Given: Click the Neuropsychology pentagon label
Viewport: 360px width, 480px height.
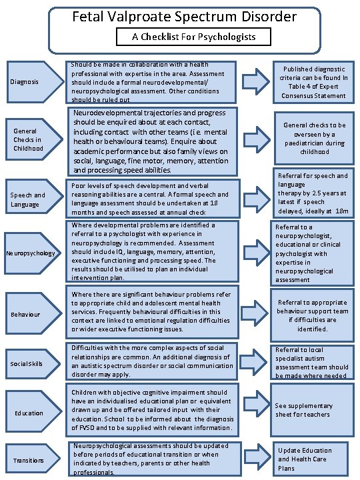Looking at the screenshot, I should pos(31,253).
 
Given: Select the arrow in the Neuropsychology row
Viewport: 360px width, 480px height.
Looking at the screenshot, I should pos(255,253).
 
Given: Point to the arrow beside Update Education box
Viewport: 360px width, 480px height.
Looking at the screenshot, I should pos(255,458).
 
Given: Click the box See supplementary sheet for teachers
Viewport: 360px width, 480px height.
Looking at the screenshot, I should pos(313,409).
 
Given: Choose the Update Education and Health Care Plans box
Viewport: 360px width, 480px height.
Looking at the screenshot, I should pos(313,459).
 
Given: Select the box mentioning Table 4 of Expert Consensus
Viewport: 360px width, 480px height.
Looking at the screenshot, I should pos(313,82).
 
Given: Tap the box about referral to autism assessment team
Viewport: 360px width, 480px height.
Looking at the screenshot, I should pos(313,362).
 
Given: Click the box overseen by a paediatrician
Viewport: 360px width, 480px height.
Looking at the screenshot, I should pos(313,138).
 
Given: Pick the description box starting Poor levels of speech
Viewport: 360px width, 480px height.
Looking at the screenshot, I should pos(153,199).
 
